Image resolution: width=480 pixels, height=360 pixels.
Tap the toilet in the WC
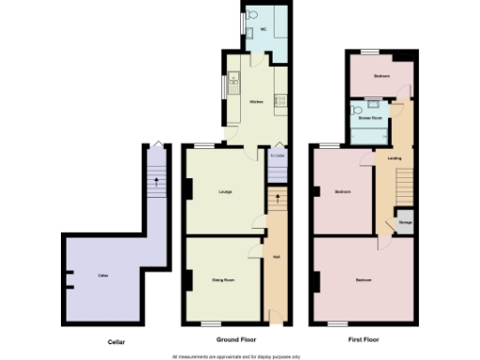point(246,17)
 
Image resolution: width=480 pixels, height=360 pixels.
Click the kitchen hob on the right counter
point(278,104)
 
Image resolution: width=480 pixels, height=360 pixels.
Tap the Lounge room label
point(225,192)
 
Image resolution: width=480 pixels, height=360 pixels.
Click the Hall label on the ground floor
point(277,257)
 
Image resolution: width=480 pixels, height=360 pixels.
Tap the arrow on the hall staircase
point(277,199)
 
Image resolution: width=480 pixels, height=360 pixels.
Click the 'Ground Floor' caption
point(235,339)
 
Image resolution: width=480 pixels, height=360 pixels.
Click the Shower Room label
point(367,119)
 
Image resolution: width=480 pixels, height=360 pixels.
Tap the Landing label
point(394,157)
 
